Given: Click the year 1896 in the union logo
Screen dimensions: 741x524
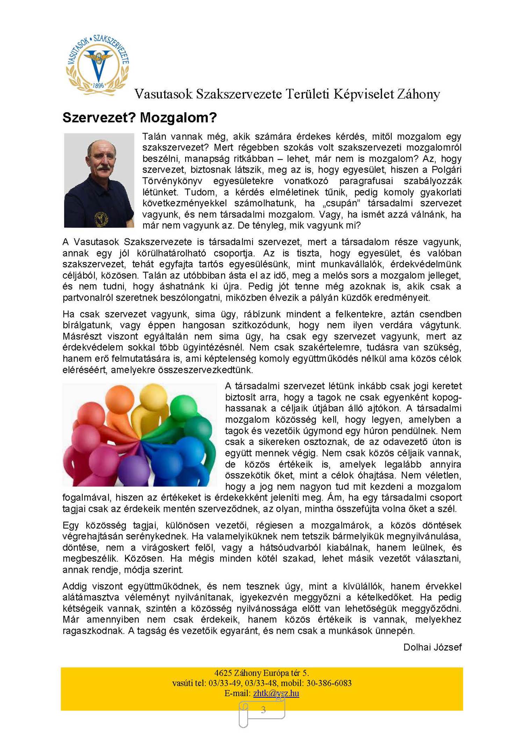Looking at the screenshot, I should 99,85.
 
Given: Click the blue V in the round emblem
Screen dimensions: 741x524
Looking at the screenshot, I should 98,66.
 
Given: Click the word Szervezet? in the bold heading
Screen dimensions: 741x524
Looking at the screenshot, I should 99,118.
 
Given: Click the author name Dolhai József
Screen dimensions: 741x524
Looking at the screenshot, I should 432,647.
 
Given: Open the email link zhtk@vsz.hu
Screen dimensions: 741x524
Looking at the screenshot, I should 276,693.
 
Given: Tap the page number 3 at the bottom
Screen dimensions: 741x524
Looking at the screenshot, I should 263,710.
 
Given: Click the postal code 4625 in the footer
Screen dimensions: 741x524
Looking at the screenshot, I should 223,673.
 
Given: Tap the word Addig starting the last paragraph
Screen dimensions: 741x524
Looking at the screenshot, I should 75,586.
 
